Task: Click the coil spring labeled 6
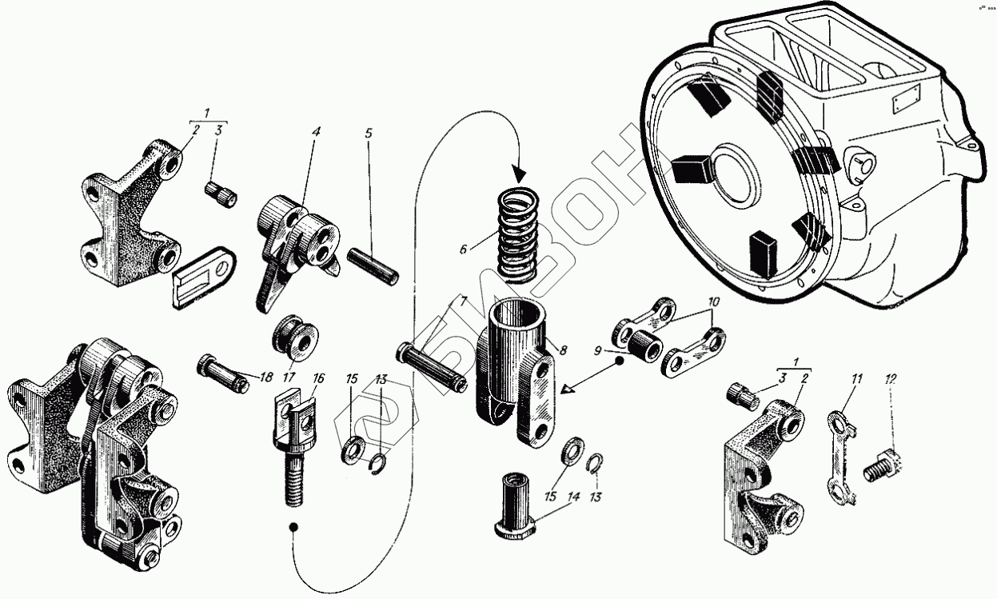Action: [520, 232]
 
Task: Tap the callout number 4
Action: [317, 130]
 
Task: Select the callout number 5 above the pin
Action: [369, 133]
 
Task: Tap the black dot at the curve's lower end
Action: [294, 527]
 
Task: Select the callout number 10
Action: [712, 303]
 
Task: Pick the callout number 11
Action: [856, 377]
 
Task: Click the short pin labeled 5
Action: [373, 266]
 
